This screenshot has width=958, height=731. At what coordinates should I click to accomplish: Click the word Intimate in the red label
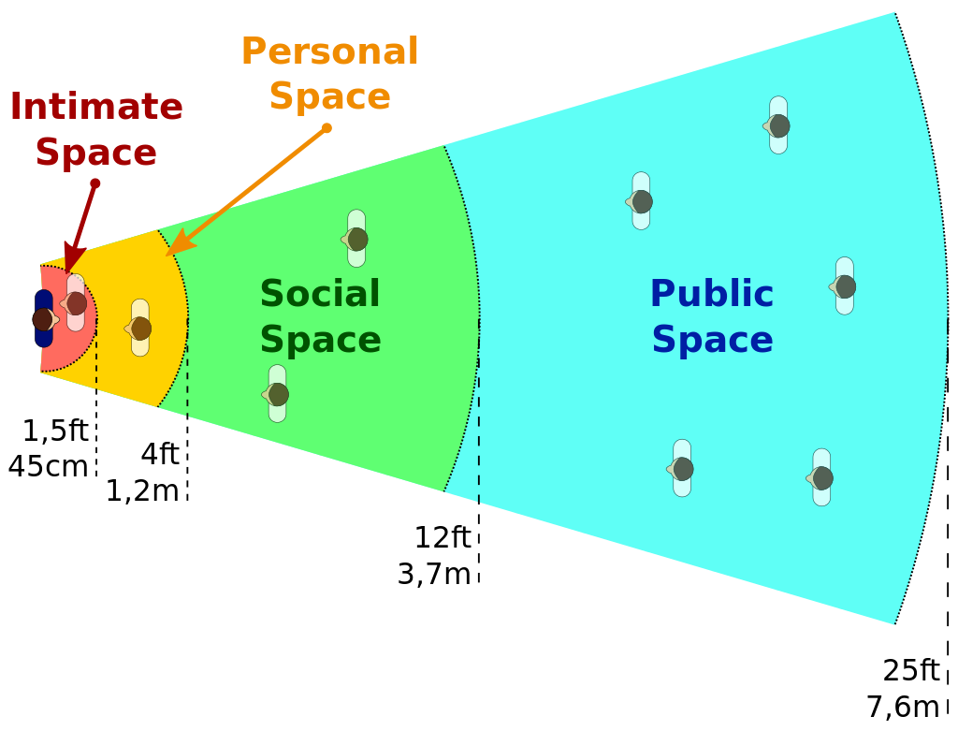point(96,107)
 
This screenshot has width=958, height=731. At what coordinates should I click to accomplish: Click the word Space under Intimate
point(96,153)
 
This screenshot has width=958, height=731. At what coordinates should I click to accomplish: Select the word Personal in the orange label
point(329,51)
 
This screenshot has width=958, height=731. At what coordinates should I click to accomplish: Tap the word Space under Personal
point(329,96)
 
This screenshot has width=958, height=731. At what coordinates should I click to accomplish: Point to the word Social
point(320,294)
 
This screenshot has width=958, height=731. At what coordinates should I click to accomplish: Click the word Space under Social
point(320,340)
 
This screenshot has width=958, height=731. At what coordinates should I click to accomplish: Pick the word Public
point(712,294)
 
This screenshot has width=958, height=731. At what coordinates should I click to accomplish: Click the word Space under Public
point(712,340)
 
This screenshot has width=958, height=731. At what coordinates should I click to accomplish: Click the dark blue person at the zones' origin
point(43,319)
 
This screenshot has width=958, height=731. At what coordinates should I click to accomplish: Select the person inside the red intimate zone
point(76,303)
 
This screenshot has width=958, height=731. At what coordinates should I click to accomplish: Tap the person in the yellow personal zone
point(140,329)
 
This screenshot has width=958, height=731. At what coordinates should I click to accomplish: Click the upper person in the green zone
point(356,239)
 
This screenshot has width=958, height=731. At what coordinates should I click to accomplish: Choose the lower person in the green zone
point(277,394)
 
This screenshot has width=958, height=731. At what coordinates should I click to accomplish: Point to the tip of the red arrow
point(68,270)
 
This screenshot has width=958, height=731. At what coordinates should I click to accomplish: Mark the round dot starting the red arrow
point(94,183)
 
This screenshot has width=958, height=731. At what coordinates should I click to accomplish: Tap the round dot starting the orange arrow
point(327,128)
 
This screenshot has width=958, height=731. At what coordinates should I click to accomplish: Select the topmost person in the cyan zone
point(778,125)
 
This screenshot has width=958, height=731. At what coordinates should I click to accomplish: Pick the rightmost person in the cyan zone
point(844,286)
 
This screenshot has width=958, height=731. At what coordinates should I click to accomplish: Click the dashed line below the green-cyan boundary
point(479,431)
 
